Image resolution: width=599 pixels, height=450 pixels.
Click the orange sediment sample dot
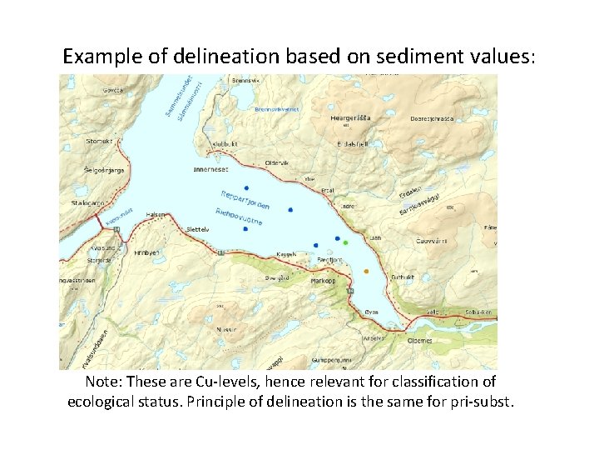pos(366,272)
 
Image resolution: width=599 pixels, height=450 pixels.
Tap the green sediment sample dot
pos(345,242)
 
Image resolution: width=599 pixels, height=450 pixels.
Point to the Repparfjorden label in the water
pos(245,201)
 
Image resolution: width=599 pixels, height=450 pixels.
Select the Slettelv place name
pos(197,228)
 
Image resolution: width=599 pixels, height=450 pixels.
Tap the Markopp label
pos(324,281)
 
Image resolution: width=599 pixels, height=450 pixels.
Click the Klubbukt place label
pos(225,143)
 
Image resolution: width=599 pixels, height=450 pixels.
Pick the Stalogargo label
pos(88,202)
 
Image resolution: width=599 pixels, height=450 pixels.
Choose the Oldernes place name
pos(420,340)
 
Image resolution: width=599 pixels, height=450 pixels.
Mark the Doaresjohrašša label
pos(430,119)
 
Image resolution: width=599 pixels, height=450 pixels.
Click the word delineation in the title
pos(230,57)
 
